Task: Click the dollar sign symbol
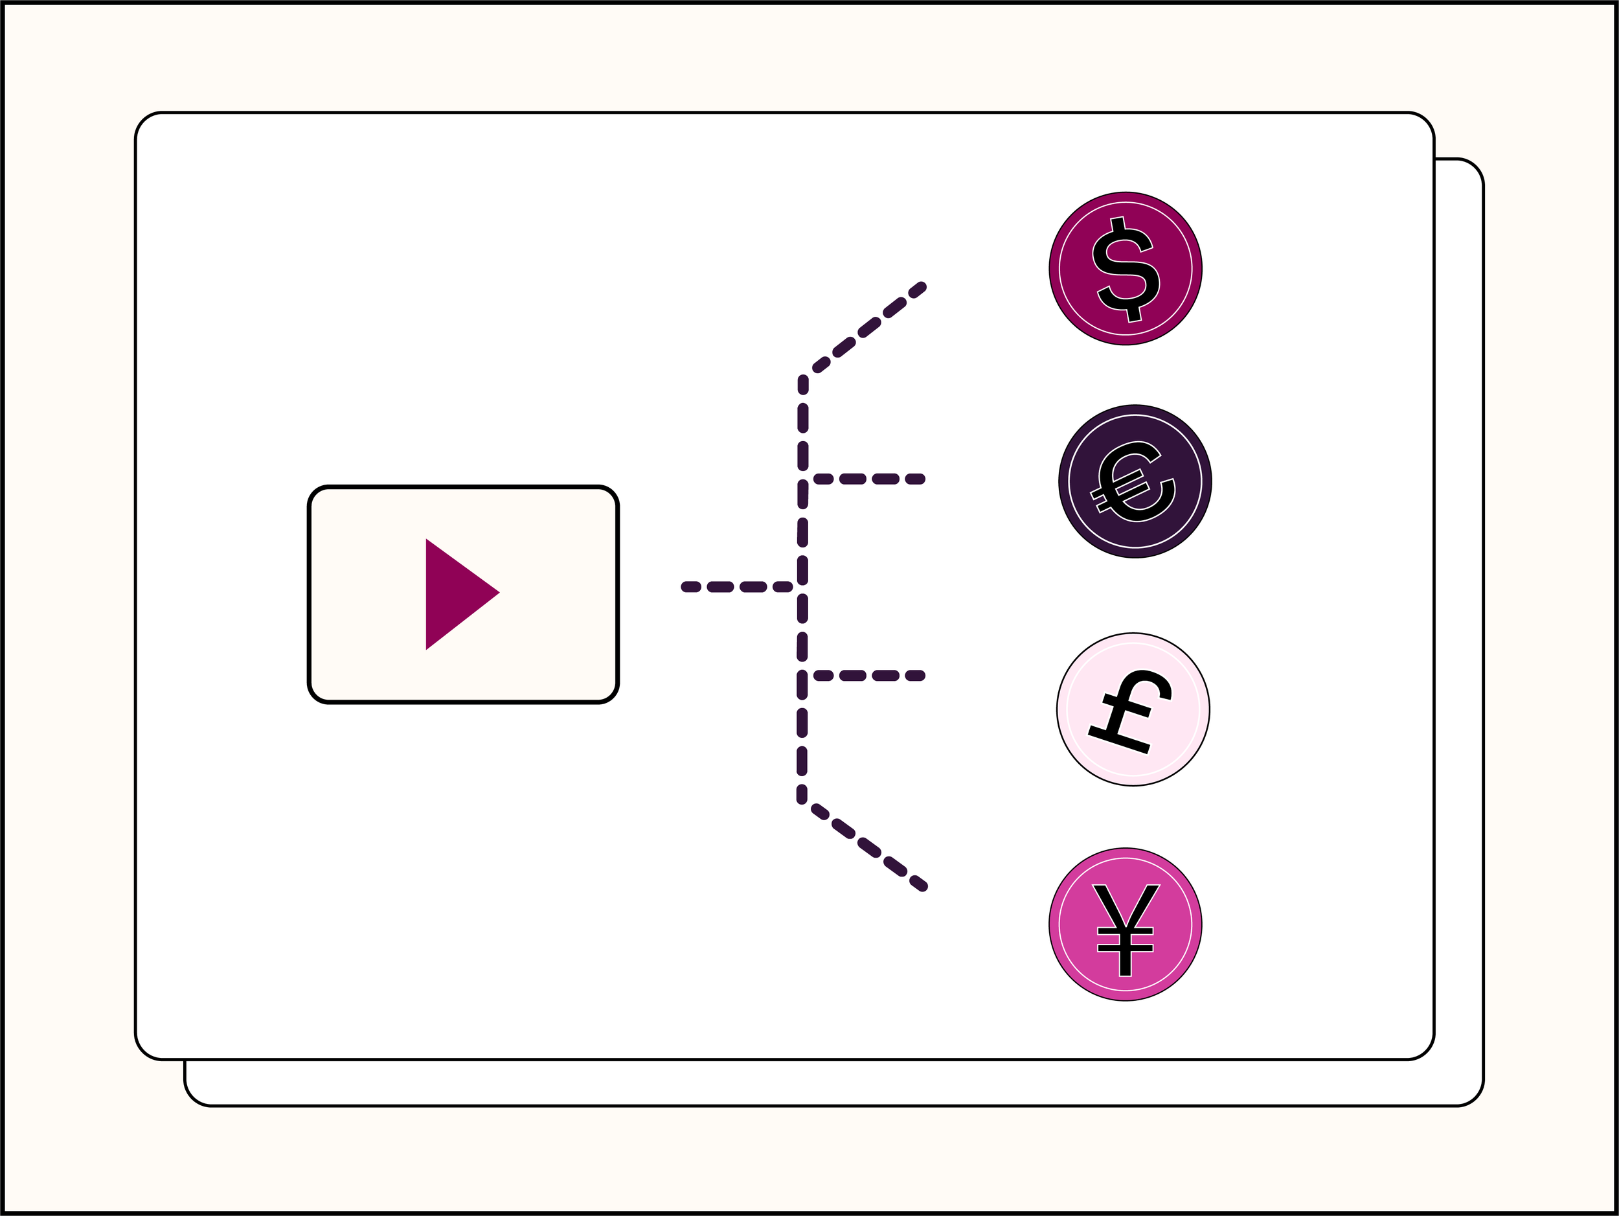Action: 1126,269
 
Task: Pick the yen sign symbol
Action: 1126,929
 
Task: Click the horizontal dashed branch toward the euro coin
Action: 869,479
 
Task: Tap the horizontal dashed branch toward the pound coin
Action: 869,676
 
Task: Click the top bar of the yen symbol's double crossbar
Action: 1126,930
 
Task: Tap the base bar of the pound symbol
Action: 1118,740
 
